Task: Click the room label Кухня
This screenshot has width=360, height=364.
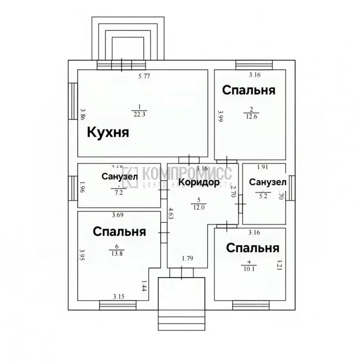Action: click(x=108, y=132)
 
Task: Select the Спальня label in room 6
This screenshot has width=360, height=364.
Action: click(x=119, y=232)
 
